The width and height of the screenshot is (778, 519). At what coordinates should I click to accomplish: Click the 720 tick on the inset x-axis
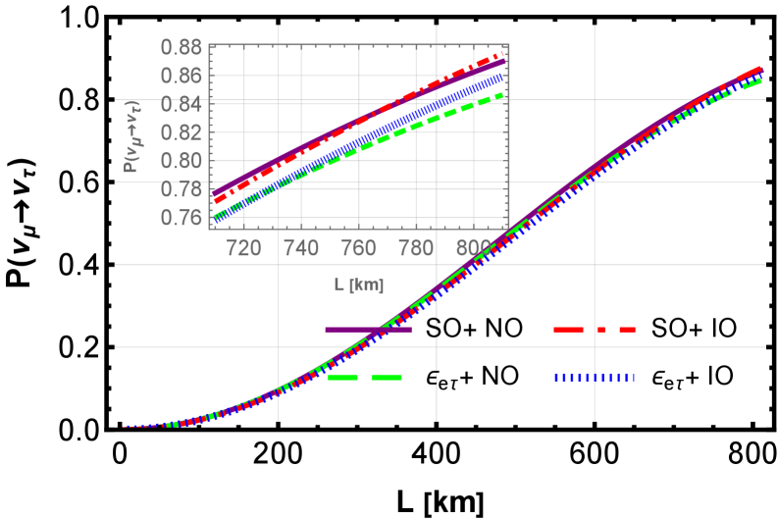(243, 248)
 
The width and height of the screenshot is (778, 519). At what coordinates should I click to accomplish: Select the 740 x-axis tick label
(301, 248)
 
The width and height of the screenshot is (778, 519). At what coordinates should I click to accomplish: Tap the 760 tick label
(359, 248)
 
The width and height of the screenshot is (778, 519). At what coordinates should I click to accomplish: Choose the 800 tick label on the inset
(475, 248)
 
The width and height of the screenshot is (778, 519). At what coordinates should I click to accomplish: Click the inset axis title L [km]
(358, 285)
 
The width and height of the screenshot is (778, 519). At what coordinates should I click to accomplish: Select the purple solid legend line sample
(368, 330)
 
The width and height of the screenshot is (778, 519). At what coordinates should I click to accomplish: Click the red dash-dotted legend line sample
(595, 330)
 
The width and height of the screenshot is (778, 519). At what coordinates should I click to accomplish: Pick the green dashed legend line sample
(365, 377)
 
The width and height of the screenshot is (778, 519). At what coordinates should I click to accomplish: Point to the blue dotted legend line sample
(595, 377)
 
